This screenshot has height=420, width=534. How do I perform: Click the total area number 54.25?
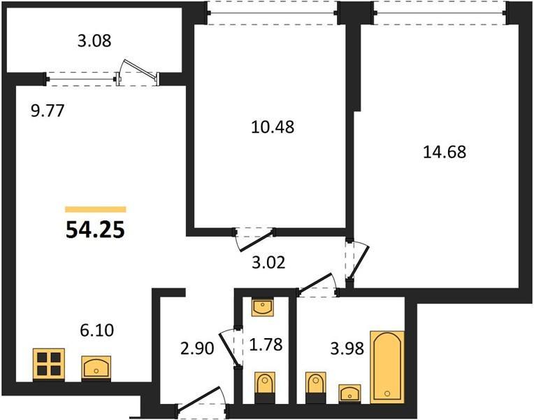pyautogui.click(x=95, y=230)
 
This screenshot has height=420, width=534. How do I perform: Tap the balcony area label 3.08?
pyautogui.click(x=94, y=41)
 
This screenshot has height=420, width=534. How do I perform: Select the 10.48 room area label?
pyautogui.click(x=273, y=127)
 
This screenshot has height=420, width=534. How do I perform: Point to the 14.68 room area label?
pyautogui.click(x=445, y=152)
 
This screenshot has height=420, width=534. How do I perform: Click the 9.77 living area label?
pyautogui.click(x=48, y=111)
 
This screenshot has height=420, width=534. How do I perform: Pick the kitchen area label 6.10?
pyautogui.click(x=97, y=330)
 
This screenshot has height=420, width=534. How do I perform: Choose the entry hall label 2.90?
pyautogui.click(x=197, y=349)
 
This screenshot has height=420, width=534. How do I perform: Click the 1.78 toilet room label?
pyautogui.click(x=266, y=344)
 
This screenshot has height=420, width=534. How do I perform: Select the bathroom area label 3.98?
pyautogui.click(x=347, y=349)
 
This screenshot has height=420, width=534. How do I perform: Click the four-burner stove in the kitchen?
pyautogui.click(x=49, y=365)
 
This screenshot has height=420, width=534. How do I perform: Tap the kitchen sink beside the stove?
pyautogui.click(x=96, y=367)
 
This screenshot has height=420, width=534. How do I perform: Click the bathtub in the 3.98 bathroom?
pyautogui.click(x=387, y=367)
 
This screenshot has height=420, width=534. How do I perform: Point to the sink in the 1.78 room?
pyautogui.click(x=263, y=307)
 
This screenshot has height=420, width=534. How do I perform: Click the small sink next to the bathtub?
pyautogui.click(x=349, y=393)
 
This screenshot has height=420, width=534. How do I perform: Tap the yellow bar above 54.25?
pyautogui.click(x=96, y=209)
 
